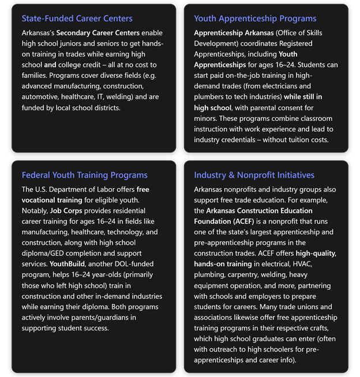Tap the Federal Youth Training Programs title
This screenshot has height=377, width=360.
click(x=85, y=175)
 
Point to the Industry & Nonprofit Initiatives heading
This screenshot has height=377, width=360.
click(x=254, y=175)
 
